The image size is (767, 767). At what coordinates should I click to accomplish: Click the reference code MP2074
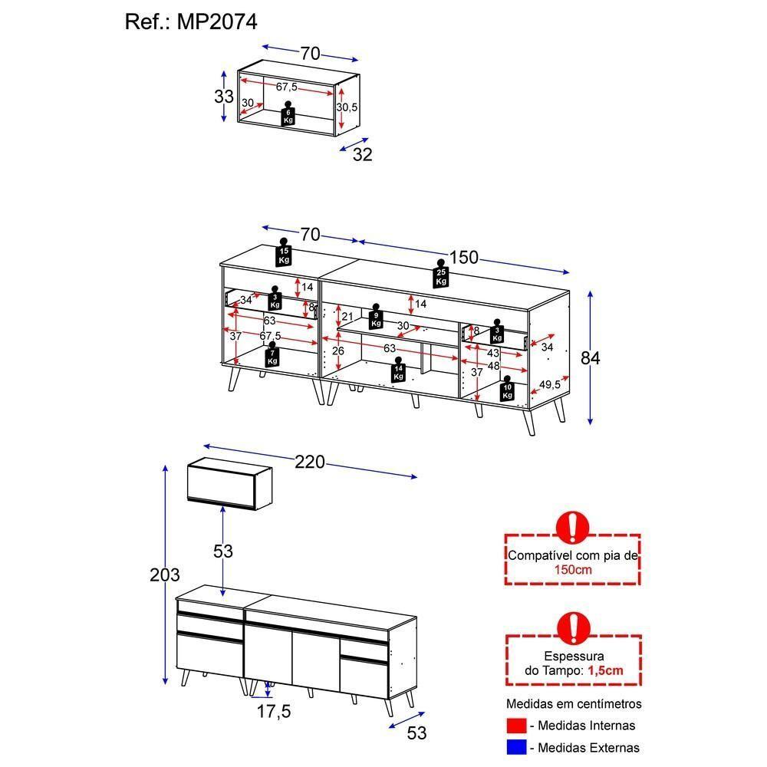(218, 22)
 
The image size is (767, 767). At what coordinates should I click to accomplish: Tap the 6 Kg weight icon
(288, 114)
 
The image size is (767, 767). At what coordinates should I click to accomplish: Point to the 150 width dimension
(463, 258)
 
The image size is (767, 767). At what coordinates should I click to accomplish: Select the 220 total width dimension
(310, 462)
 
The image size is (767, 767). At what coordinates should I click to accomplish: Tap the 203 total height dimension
(165, 574)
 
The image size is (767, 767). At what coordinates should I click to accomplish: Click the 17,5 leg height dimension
(273, 712)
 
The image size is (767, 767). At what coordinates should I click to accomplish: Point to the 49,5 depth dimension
(549, 384)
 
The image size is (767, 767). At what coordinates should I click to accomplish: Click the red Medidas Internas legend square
(517, 726)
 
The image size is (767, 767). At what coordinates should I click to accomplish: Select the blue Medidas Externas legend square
(517, 747)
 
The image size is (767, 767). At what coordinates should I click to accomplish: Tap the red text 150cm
(572, 570)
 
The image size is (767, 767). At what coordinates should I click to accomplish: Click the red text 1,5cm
(605, 670)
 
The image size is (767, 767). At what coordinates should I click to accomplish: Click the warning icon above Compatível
(572, 528)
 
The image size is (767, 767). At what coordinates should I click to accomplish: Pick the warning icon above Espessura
(572, 627)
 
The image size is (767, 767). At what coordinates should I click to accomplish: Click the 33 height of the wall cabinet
(223, 97)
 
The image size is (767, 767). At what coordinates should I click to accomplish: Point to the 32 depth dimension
(362, 154)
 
